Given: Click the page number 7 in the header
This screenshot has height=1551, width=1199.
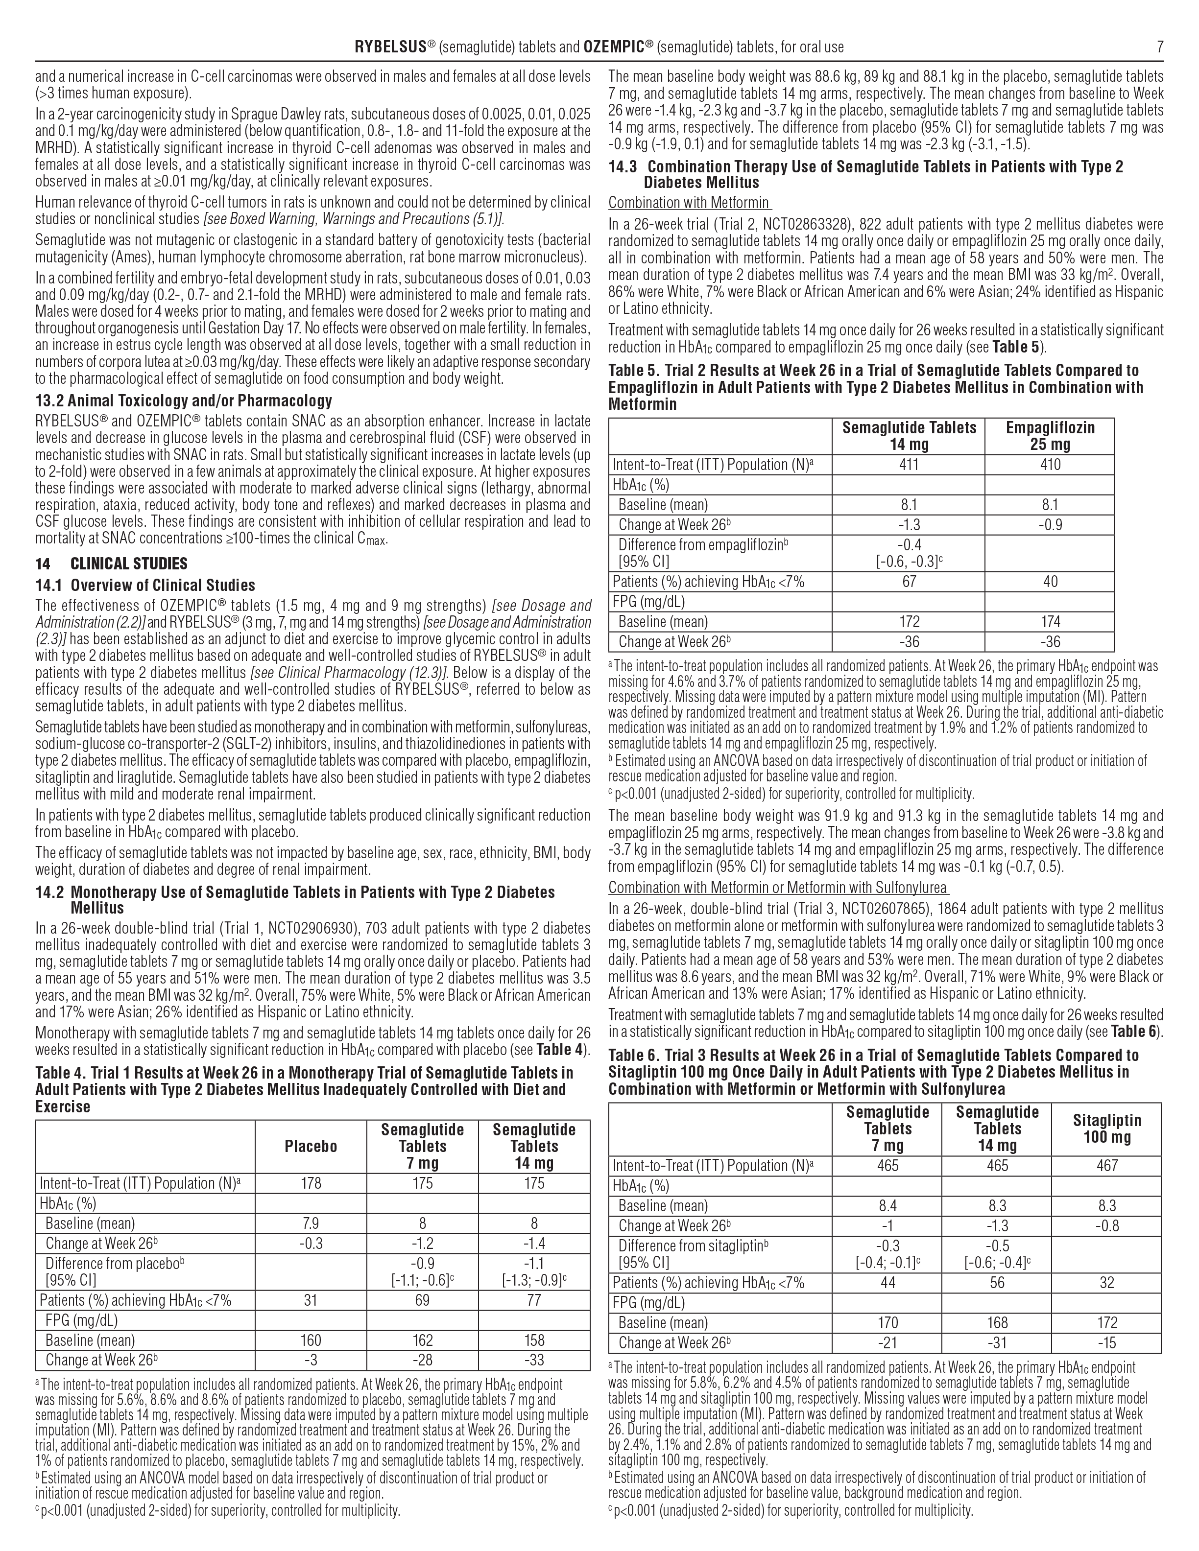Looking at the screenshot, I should (1160, 47).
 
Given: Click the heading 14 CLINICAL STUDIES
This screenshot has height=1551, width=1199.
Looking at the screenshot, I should (112, 564).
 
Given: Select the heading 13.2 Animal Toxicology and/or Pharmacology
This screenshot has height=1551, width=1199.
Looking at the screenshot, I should (183, 400).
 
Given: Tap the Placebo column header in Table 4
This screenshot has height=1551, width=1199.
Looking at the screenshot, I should (311, 1146).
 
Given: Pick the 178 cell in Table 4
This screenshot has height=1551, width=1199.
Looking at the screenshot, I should (311, 1183).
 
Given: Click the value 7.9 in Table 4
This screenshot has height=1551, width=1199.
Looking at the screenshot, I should (311, 1223).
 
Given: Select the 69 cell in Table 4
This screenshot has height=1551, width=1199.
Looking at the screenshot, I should (423, 1300).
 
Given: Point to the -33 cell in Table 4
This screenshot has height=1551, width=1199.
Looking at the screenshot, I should (534, 1360).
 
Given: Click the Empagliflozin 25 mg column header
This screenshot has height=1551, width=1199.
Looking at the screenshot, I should (1050, 436).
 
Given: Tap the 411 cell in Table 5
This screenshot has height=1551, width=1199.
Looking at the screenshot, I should (909, 465).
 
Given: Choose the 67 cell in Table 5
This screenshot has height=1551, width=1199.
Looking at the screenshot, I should (909, 582).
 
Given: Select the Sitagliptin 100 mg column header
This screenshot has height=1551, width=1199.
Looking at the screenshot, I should (1106, 1128).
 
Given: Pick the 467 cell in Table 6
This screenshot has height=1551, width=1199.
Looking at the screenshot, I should (1106, 1165).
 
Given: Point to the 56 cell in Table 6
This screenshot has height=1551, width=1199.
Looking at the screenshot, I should (997, 1283).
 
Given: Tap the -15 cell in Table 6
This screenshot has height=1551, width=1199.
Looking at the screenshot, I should (1106, 1342).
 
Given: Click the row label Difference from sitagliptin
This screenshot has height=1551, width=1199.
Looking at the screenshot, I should (693, 1245).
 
